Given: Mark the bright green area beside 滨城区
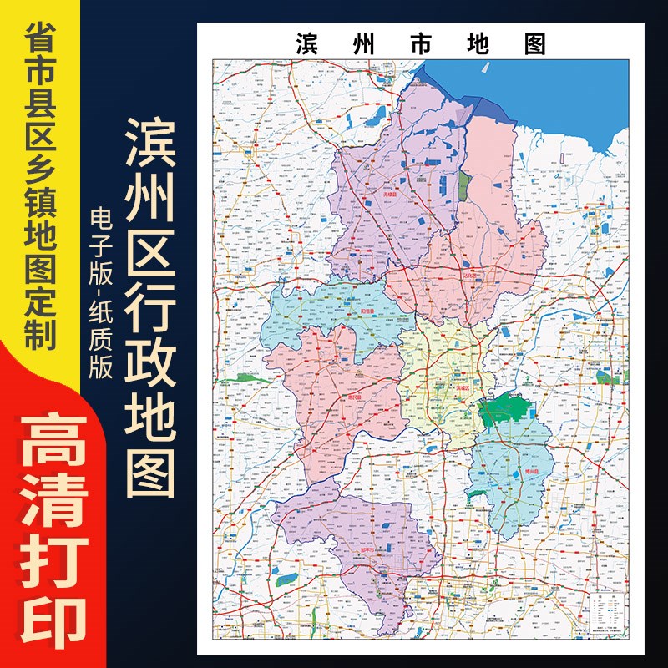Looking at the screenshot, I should click(505, 409).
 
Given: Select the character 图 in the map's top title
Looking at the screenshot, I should click(534, 44).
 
